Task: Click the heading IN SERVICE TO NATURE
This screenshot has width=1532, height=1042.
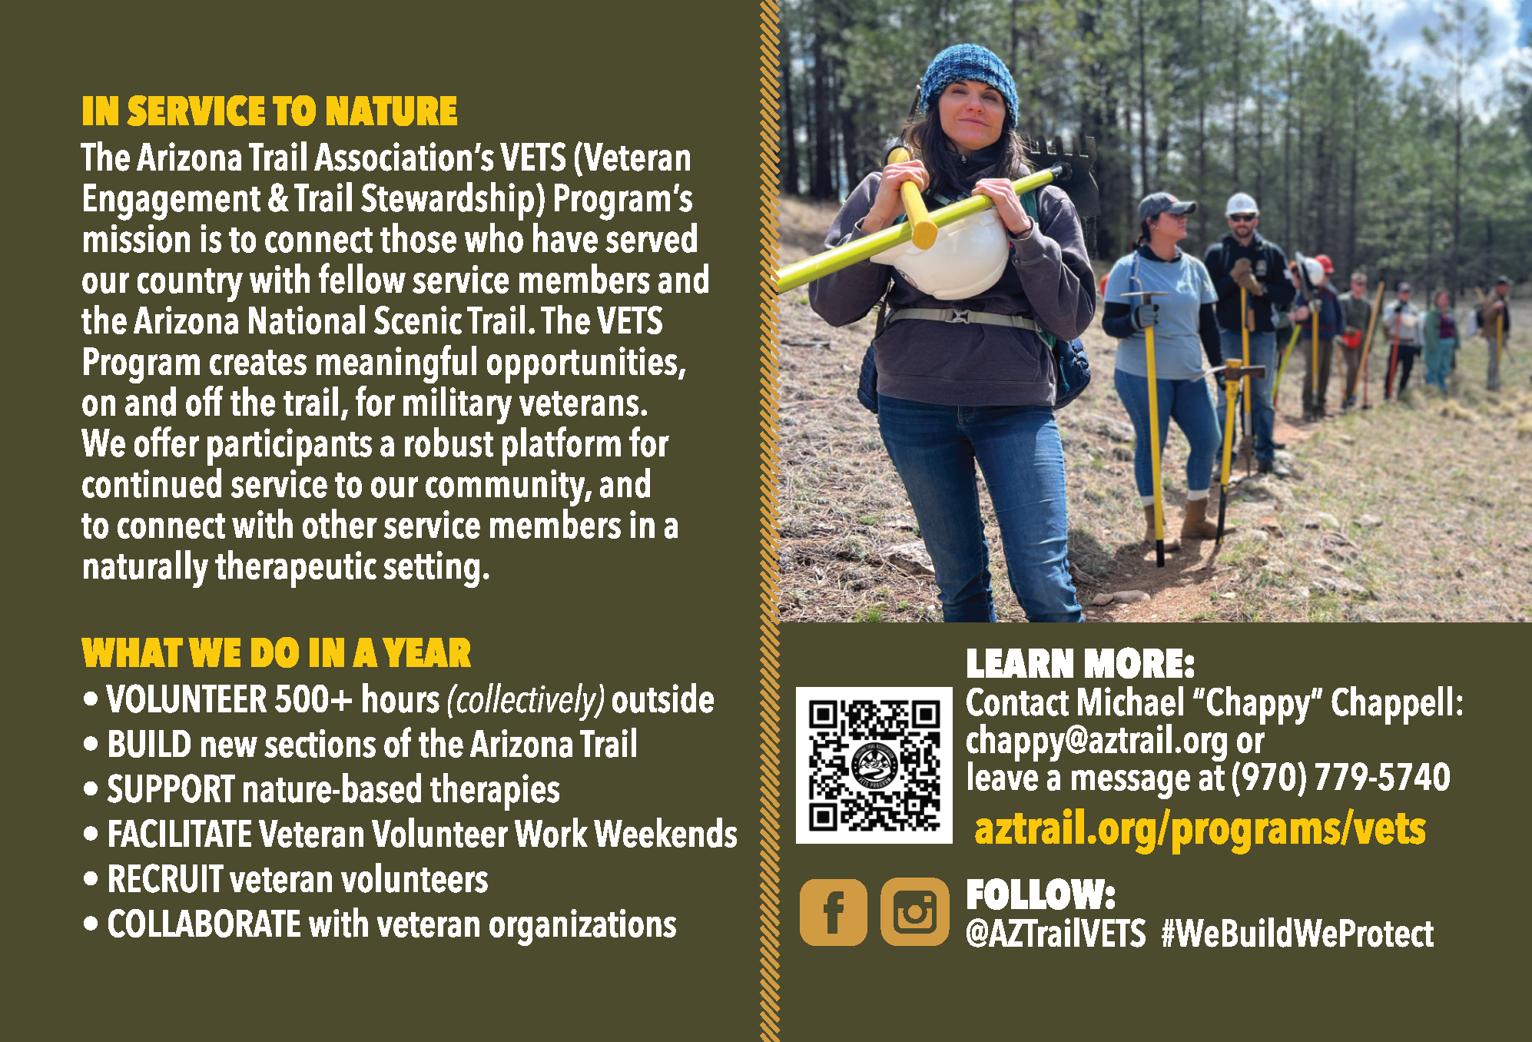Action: pos(270,111)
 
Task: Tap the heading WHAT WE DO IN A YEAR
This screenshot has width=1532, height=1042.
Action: pos(277,654)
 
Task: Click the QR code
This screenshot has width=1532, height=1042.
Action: pos(874,765)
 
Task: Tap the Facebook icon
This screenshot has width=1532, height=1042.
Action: pos(834,912)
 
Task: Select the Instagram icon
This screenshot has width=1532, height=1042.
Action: pos(914,912)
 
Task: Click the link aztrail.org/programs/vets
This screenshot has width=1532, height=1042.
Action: pos(1200,830)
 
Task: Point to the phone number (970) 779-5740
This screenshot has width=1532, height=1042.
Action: pos(1341,778)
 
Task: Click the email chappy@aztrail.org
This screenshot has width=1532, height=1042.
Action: pos(1096,742)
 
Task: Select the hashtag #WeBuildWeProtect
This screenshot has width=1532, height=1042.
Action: pos(1298,934)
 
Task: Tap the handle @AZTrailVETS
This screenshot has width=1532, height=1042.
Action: pos(1056,934)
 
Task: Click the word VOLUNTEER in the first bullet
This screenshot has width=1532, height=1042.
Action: pos(187,700)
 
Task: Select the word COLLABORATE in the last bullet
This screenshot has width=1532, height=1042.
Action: pos(204,924)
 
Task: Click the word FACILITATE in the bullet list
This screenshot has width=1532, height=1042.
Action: pos(179,835)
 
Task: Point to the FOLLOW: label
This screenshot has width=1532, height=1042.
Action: pos(1040,894)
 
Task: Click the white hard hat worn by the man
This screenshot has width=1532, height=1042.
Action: pos(1241,204)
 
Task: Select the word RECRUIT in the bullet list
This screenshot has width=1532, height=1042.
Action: pos(165,880)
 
